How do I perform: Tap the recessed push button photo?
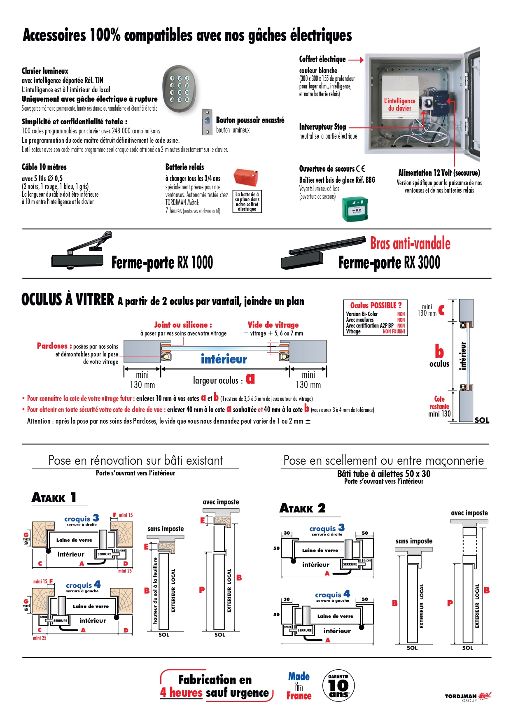point(207,121)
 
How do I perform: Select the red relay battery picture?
point(245,177)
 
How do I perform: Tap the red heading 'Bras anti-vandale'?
point(410,244)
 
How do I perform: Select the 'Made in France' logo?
point(299,686)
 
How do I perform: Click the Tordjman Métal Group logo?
point(468,697)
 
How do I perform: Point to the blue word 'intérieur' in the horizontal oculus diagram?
point(224,359)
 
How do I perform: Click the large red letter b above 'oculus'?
point(439,351)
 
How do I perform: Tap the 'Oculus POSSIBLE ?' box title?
point(376,305)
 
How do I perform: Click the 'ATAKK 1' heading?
point(54,498)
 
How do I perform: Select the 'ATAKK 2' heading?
point(303,508)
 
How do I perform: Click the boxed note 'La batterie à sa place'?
point(247,202)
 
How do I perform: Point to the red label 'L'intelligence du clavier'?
point(399,104)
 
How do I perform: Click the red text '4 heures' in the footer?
point(181,693)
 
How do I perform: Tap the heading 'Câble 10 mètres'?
point(44,167)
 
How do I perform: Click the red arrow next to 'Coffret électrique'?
point(356,60)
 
